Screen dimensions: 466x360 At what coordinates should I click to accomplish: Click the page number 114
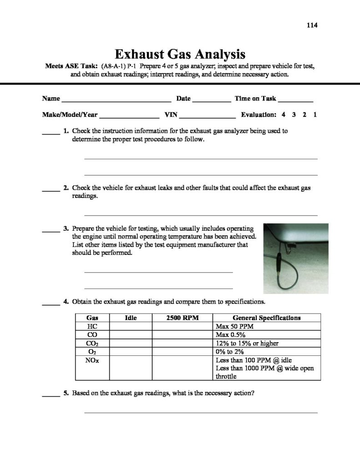(x=312, y=25)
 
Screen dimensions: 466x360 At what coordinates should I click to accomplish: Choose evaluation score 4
(x=284, y=115)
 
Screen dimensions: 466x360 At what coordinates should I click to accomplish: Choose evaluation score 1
(x=314, y=115)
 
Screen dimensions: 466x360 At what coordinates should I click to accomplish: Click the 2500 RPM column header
(x=183, y=318)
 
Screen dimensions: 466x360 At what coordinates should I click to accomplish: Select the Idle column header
(x=131, y=318)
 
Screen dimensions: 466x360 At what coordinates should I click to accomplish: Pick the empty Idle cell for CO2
(x=131, y=343)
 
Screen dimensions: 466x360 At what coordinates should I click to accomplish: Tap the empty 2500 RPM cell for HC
(x=183, y=326)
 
